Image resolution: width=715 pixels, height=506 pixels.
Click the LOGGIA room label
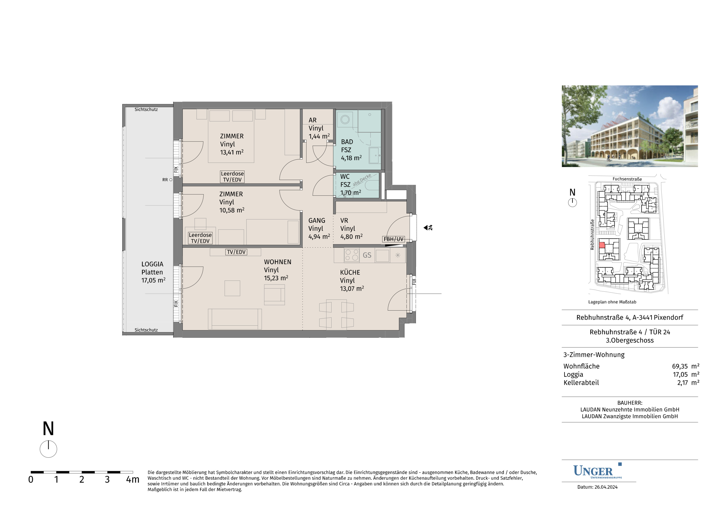coord(152,264)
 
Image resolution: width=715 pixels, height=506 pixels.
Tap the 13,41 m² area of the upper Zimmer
coord(232,152)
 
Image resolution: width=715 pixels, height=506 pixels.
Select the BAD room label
coord(347,142)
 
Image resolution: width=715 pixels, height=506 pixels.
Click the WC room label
coord(345,177)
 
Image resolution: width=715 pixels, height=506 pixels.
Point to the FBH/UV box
coord(394,239)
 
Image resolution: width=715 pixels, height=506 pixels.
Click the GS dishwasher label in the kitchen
coord(367,255)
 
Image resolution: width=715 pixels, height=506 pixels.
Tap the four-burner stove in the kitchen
coord(352,255)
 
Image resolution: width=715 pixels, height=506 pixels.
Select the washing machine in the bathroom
coord(345,119)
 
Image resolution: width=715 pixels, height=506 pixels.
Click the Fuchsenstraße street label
coord(627,179)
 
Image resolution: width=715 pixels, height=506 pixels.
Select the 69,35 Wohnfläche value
coord(680,366)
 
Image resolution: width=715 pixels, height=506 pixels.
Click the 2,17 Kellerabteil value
coord(682,383)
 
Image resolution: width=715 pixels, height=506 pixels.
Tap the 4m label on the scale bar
coord(133,479)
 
